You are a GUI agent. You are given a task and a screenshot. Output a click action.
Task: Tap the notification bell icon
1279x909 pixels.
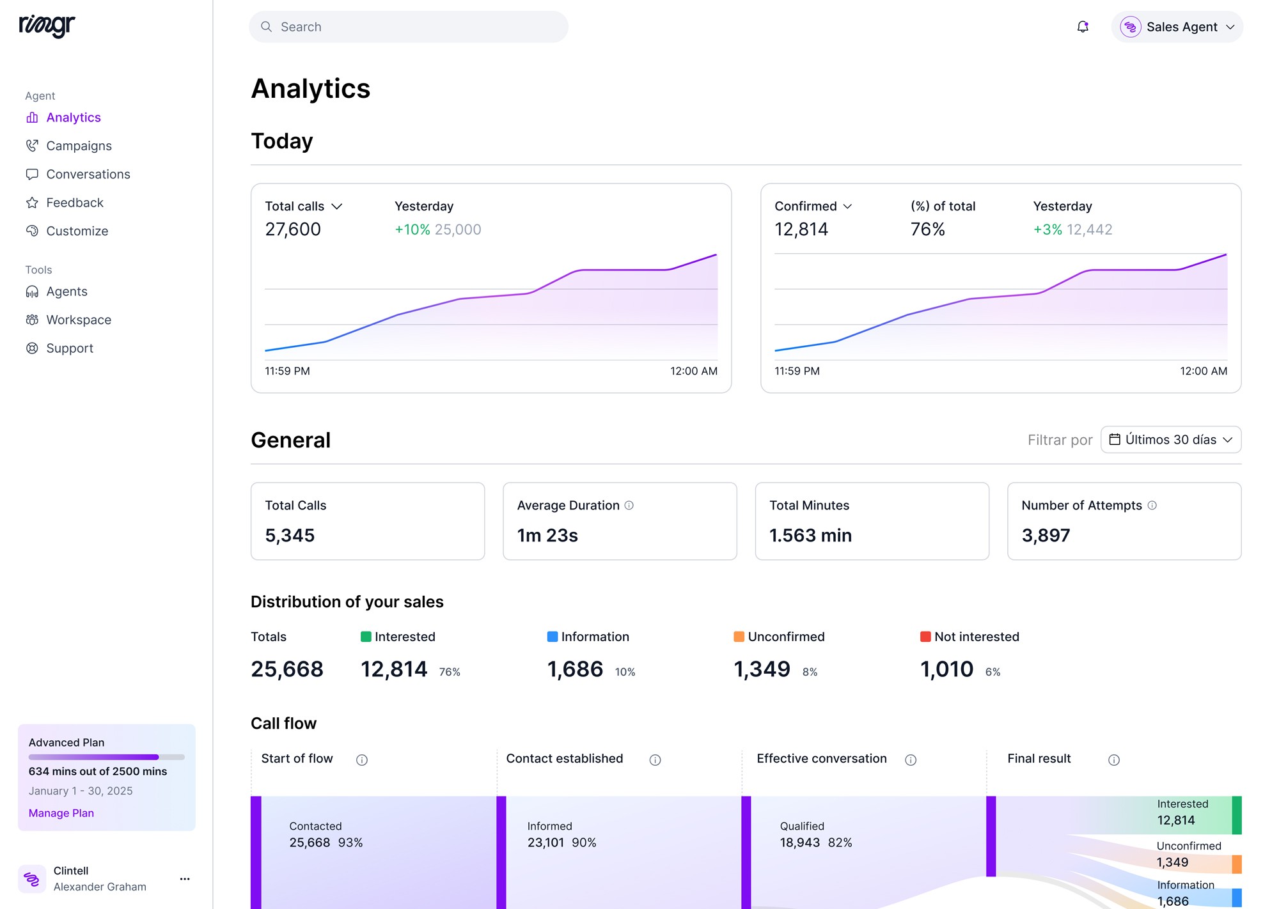tap(1083, 27)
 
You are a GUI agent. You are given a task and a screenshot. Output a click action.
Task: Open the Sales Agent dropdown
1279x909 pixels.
tap(1177, 27)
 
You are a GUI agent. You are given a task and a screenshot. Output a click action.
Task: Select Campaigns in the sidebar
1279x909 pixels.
tap(79, 146)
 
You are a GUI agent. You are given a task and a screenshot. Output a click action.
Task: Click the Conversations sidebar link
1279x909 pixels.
tap(88, 174)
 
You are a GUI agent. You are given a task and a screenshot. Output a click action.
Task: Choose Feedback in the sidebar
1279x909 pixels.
tap(74, 203)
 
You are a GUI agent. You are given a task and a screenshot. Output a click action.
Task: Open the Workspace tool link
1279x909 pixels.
tap(78, 320)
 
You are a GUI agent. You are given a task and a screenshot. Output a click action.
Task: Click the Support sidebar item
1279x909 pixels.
tap(69, 348)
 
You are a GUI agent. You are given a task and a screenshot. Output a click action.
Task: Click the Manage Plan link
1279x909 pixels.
tap(61, 813)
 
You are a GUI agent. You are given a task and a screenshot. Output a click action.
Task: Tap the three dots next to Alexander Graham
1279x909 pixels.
tap(185, 879)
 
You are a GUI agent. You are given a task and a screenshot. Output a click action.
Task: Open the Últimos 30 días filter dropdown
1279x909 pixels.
tap(1171, 440)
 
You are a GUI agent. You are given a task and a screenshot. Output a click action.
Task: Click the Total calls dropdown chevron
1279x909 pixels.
tap(337, 206)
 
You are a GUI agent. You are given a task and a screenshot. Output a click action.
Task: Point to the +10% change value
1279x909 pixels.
tap(412, 229)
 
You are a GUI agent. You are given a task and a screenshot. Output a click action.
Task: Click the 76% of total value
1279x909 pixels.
tap(927, 229)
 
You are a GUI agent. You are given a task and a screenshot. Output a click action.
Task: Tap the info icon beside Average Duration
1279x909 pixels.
tap(629, 506)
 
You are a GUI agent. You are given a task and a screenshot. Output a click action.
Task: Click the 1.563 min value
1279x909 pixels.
tap(810, 536)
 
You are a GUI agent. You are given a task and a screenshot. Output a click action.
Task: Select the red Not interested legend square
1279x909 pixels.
tap(925, 637)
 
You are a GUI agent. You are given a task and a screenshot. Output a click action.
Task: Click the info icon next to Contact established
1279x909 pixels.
tap(655, 760)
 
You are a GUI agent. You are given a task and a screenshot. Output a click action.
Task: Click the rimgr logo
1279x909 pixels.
tap(47, 26)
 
